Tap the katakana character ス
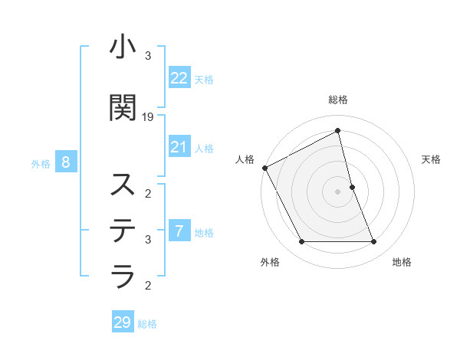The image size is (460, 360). [123, 185]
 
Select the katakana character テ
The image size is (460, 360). [123, 229]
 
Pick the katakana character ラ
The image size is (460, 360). [123, 275]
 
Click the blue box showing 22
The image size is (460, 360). [179, 79]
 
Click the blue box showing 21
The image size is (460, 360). [179, 147]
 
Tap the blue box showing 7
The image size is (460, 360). [179, 231]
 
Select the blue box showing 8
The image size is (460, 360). [66, 162]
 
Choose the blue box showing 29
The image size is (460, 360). [123, 322]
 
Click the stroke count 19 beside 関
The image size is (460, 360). [149, 117]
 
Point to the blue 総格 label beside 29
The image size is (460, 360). [147, 324]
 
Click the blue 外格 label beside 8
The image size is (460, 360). [41, 163]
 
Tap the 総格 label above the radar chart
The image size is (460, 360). [338, 100]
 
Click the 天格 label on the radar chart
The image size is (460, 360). [431, 159]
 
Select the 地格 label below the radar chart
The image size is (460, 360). [402, 262]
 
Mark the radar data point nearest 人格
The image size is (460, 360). [264, 168]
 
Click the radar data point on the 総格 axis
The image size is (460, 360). [338, 131]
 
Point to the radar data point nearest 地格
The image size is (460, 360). [374, 242]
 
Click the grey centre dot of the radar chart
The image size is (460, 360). [338, 191]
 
